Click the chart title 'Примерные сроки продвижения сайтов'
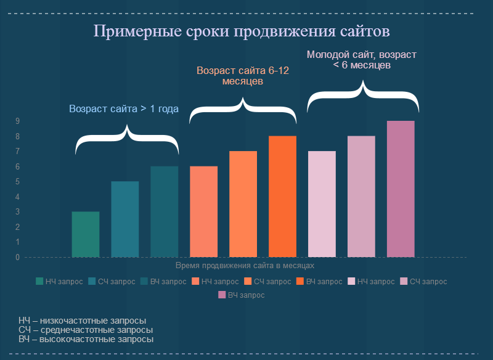pyautogui.click(x=242, y=31)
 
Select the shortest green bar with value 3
pyautogui.click(x=86, y=234)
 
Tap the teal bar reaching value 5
pyautogui.click(x=125, y=219)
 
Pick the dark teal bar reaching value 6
pyautogui.click(x=165, y=211)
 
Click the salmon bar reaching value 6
pyautogui.click(x=203, y=211)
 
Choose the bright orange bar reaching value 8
pyautogui.click(x=282, y=196)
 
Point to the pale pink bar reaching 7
pyautogui.click(x=322, y=204)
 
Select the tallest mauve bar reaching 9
pyautogui.click(x=401, y=189)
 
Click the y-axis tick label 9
pyautogui.click(x=18, y=121)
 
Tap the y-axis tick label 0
pyautogui.click(x=18, y=257)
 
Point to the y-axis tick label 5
pyautogui.click(x=18, y=182)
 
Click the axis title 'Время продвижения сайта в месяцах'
pyautogui.click(x=245, y=266)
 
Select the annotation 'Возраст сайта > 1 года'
pyautogui.click(x=124, y=109)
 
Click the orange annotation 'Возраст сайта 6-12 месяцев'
pyautogui.click(x=243, y=76)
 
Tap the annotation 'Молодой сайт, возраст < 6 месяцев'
pyautogui.click(x=362, y=59)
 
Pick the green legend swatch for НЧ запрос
pyautogui.click(x=40, y=282)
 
